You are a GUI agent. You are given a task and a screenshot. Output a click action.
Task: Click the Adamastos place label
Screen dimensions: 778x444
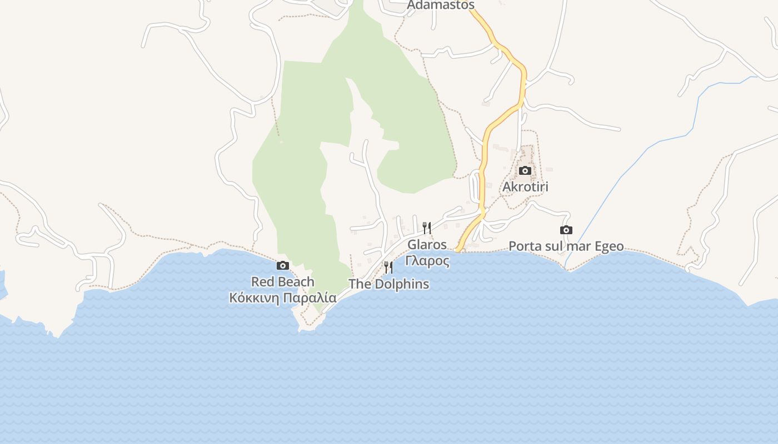pyautogui.click(x=441, y=5)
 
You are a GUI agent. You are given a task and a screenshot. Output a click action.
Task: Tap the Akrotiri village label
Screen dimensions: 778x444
pyautogui.click(x=525, y=186)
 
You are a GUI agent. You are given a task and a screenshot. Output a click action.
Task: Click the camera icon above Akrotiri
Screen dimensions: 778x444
pyautogui.click(x=525, y=170)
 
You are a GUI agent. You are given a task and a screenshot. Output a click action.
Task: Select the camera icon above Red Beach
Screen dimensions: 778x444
pyautogui.click(x=283, y=265)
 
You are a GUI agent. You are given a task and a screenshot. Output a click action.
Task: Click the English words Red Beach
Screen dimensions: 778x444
pyautogui.click(x=283, y=282)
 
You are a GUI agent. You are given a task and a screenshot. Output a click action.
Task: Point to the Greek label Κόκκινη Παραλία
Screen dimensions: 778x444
pyautogui.click(x=283, y=297)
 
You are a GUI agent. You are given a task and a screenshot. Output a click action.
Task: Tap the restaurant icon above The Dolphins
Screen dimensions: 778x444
pyautogui.click(x=388, y=268)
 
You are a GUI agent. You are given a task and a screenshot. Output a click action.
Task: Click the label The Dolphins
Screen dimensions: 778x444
pyautogui.click(x=388, y=284)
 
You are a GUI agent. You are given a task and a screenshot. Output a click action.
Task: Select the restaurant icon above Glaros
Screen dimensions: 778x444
pyautogui.click(x=427, y=228)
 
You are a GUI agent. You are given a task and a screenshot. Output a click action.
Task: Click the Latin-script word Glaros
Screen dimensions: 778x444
pyautogui.click(x=427, y=244)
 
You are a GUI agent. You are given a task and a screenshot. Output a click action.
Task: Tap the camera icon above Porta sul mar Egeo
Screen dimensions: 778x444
pyautogui.click(x=566, y=230)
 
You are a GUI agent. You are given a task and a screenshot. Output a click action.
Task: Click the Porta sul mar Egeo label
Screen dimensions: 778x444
pyautogui.click(x=566, y=246)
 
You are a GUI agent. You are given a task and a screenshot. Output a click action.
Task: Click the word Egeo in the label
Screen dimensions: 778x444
pyautogui.click(x=607, y=246)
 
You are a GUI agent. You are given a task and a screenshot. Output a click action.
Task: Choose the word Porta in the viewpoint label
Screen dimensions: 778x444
pyautogui.click(x=525, y=246)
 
